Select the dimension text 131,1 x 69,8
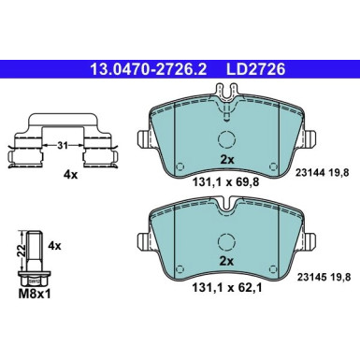click(x=225, y=183)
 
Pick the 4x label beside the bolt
click(x=54, y=246)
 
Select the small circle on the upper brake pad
click(x=225, y=141)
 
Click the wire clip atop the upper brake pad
click(x=225, y=94)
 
